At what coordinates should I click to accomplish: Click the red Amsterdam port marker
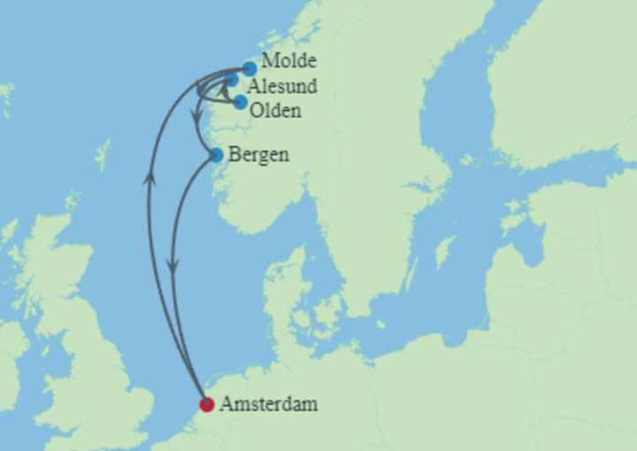tap(207, 405)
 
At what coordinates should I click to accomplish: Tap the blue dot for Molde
tap(249, 68)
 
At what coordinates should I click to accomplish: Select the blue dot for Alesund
tap(233, 80)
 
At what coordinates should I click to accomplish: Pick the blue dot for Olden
tap(240, 102)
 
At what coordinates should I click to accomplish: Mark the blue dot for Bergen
tap(216, 155)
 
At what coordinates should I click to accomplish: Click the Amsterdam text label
tap(268, 405)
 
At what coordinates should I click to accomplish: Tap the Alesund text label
tap(282, 87)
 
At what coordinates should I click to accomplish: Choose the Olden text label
tap(275, 111)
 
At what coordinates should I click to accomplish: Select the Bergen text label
tap(258, 154)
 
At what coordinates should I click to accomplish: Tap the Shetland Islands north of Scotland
tap(104, 150)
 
